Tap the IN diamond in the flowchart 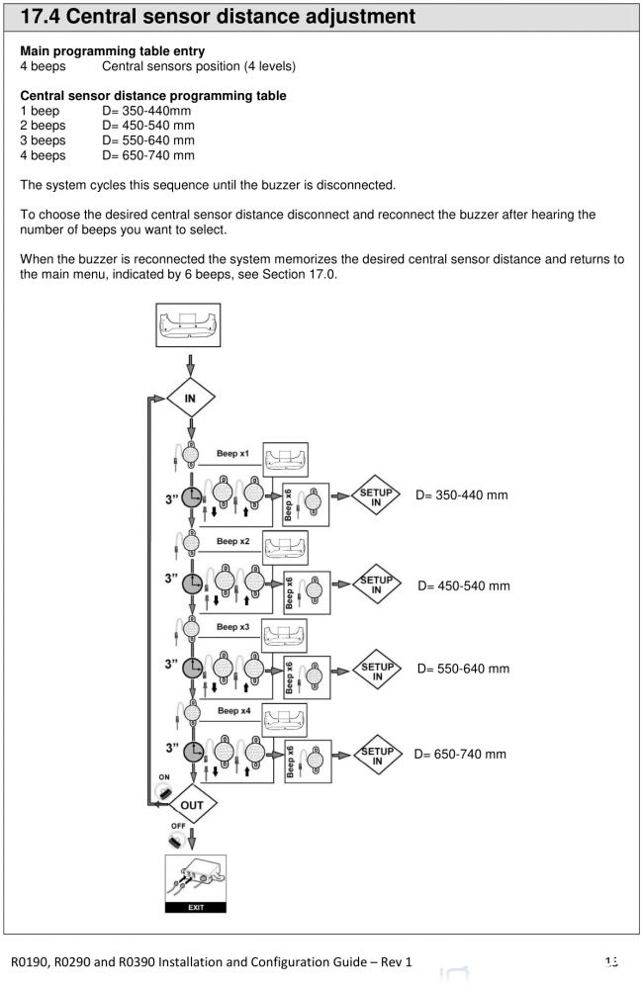tap(188, 401)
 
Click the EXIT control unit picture tap(195, 882)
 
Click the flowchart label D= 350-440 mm tap(463, 494)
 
